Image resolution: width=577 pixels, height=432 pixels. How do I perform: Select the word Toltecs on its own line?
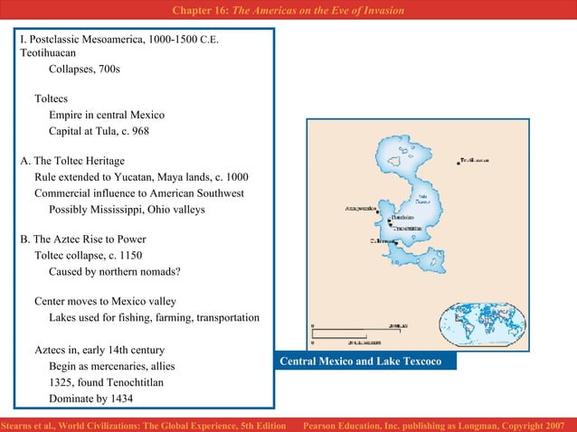[52, 99]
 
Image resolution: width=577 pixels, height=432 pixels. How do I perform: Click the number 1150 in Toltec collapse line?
[129, 255]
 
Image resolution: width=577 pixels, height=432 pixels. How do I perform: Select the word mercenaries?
[119, 366]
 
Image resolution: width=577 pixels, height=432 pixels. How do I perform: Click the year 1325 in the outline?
[62, 382]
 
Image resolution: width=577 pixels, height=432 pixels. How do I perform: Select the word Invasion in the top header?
[380, 10]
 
